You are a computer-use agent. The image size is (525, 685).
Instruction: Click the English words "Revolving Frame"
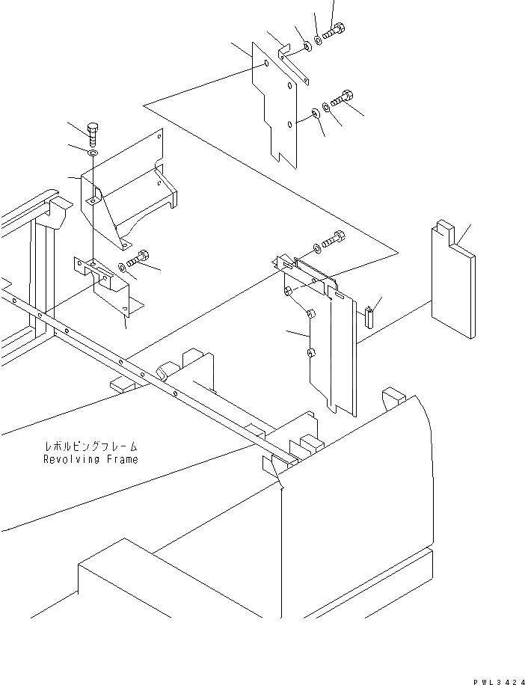point(90,459)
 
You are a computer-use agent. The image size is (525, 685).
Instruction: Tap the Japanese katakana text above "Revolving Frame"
point(90,447)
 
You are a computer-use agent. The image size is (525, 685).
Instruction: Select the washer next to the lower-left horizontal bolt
point(123,265)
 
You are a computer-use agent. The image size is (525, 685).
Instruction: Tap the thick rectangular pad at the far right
point(452,284)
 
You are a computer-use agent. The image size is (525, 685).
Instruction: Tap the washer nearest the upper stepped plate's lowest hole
point(315,114)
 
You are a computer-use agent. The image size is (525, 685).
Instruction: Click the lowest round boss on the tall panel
point(312,352)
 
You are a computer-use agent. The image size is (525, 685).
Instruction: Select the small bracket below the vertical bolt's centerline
point(106,284)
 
